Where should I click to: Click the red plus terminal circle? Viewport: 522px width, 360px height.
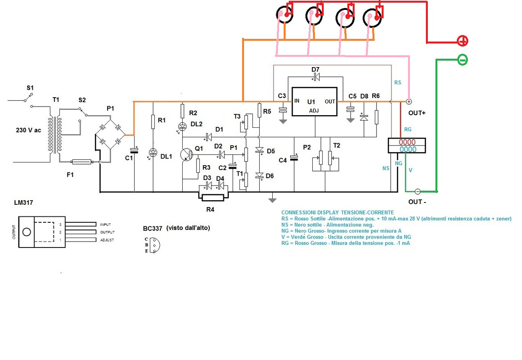(463, 41)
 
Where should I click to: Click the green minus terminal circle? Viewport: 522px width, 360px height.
(463, 60)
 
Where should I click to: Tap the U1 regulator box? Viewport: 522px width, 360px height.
(314, 102)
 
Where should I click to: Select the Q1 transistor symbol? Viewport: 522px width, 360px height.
(186, 154)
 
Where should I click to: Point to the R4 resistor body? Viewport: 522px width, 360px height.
(213, 198)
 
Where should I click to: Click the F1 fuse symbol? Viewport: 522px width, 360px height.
(81, 162)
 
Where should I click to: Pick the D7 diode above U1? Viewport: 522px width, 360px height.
(315, 77)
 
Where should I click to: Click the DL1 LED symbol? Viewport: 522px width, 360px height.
(153, 153)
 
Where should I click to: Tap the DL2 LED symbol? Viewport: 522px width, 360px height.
(182, 126)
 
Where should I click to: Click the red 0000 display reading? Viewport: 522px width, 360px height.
(407, 142)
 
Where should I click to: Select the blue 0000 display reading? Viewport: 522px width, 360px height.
(408, 149)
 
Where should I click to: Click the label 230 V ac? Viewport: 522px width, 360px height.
(28, 130)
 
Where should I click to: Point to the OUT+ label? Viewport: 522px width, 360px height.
(417, 113)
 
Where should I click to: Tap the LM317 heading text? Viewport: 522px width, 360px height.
(24, 202)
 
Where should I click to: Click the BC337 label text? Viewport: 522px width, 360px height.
(153, 229)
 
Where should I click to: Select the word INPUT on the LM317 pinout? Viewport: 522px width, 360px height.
(106, 225)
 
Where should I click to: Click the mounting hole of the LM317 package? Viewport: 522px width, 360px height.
(27, 232)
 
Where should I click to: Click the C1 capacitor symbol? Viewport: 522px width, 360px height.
(135, 150)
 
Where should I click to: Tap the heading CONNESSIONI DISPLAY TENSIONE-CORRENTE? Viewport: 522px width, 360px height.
(337, 212)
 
